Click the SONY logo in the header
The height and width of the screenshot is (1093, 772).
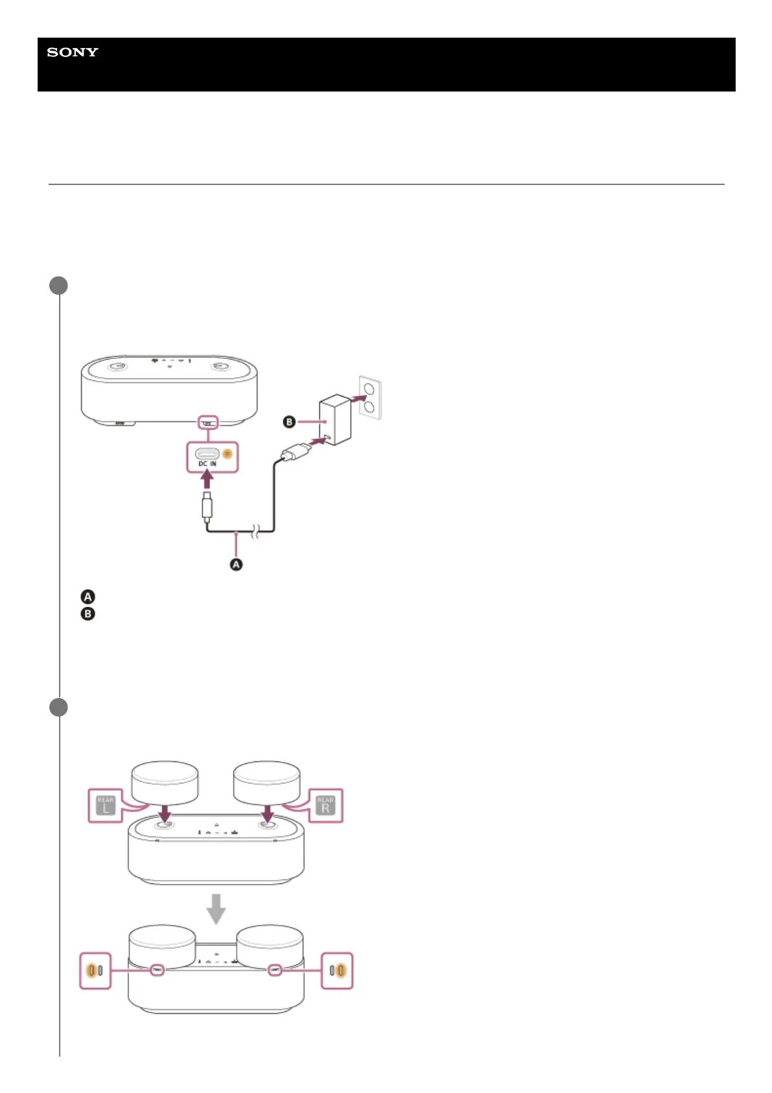[x=73, y=53]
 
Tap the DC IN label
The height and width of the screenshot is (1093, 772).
[x=208, y=464]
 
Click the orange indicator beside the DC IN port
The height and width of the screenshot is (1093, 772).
[x=227, y=454]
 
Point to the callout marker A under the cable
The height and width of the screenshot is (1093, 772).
[x=236, y=565]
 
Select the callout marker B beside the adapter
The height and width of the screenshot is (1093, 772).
[x=289, y=422]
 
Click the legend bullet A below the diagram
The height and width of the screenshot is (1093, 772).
[x=88, y=596]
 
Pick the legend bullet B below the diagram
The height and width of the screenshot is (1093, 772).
[x=88, y=613]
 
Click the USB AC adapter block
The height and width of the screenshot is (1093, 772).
[x=335, y=419]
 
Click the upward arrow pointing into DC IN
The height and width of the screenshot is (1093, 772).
[x=207, y=479]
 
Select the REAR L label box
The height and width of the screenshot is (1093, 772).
[x=105, y=805]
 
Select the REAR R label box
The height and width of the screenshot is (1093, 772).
[x=325, y=805]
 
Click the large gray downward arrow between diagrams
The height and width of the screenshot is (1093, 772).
[x=216, y=909]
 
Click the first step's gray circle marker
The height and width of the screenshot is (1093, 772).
[x=59, y=286]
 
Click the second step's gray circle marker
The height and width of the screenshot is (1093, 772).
[x=59, y=707]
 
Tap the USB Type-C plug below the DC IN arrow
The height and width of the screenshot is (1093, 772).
[x=207, y=507]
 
